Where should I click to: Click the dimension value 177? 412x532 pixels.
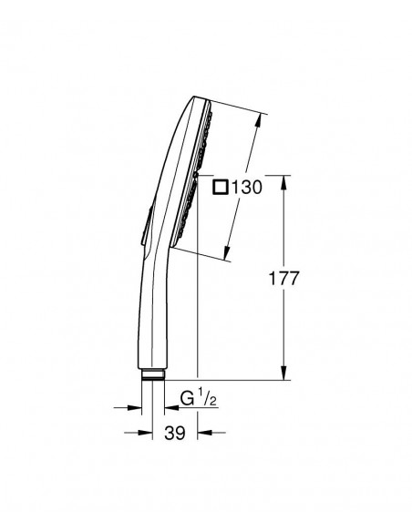coord(284,279)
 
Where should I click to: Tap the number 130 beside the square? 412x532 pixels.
coord(247,187)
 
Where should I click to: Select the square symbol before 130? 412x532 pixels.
coord(220,187)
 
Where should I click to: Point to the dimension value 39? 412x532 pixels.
coord(175,433)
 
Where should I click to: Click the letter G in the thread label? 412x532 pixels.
coord(187,398)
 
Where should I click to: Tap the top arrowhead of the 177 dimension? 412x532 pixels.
coord(284,182)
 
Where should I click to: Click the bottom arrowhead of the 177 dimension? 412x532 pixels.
coord(284,373)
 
